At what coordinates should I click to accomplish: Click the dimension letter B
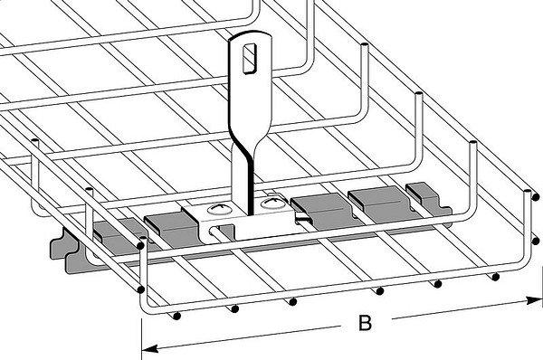[365, 323]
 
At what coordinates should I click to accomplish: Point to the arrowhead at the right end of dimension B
[533, 300]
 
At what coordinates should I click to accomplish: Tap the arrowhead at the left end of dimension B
[150, 348]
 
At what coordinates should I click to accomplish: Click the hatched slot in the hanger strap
[250, 58]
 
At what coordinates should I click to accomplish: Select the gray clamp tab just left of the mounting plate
[171, 229]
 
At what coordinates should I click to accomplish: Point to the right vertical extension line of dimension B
[541, 286]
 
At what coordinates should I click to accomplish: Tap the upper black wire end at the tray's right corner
[536, 197]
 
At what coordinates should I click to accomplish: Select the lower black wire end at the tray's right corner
[536, 241]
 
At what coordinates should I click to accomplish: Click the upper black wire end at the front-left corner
[140, 245]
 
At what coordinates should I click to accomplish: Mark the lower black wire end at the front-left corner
[140, 289]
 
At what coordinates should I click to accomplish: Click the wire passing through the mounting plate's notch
[222, 232]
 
